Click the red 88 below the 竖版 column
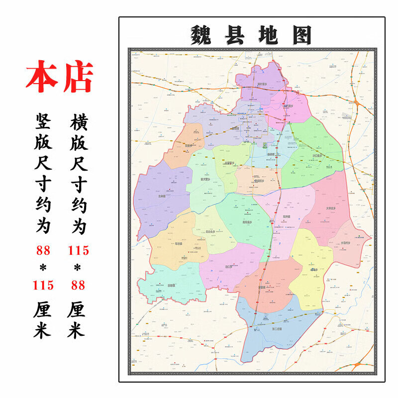coord(43,250)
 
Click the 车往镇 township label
coord(179,244)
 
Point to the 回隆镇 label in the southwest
coord(171,286)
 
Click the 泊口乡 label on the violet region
coord(229,267)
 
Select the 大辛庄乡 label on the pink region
coord(331,208)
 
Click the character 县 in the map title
coord(234,35)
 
